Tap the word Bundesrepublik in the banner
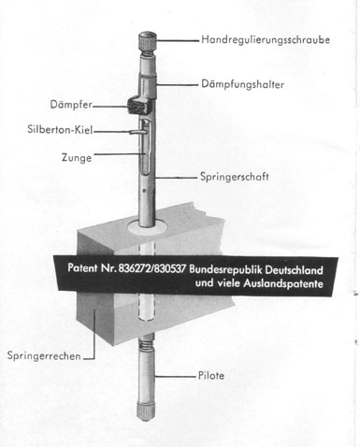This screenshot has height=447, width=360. click(229, 267)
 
